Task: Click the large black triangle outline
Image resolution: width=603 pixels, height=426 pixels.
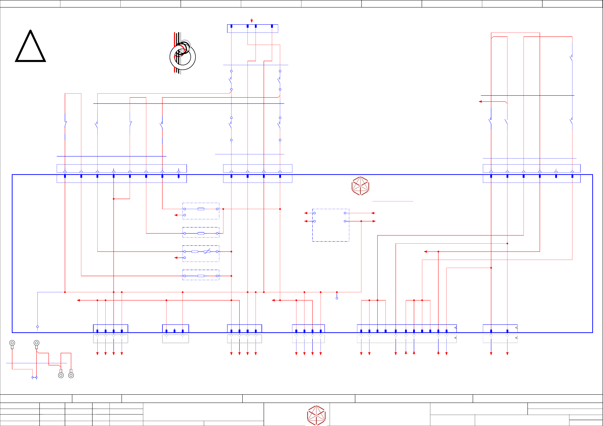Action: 30,47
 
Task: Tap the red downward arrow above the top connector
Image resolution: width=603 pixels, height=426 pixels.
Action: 252,20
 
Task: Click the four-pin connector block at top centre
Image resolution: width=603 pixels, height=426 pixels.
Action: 252,28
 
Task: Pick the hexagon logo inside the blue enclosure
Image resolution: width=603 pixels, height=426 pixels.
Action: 360,186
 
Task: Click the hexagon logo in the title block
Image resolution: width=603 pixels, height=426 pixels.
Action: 316,415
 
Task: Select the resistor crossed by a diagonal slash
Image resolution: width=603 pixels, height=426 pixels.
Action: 207,251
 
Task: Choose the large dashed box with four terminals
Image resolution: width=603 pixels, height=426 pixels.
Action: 331,225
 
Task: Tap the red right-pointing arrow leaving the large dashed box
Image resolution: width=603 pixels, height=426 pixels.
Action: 374,221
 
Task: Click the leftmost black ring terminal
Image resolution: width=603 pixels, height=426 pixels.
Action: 12,343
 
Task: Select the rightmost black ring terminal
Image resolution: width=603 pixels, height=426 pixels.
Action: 71,375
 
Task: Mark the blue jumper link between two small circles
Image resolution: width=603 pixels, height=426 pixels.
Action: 34,377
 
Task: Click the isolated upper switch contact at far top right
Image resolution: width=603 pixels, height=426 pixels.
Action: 571,58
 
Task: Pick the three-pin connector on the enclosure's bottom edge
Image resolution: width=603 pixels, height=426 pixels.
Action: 175,329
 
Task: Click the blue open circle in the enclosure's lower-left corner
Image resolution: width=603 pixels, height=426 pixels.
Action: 38,327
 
